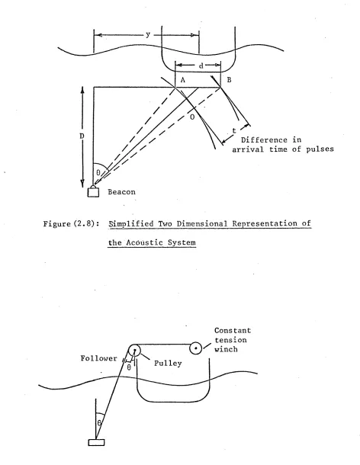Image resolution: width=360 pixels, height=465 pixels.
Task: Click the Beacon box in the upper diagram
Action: (93, 191)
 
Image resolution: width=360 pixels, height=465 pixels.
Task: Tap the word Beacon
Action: (122, 192)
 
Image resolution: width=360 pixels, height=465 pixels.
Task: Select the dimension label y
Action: (148, 35)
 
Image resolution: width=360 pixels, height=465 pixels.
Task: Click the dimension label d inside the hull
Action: (201, 66)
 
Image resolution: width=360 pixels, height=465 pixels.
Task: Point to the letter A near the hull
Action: (183, 80)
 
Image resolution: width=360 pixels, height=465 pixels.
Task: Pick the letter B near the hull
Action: (229, 79)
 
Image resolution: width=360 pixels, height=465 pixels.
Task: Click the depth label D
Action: (82, 136)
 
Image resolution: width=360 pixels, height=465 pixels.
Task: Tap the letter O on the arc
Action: (192, 117)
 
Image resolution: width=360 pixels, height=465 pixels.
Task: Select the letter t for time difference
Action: (234, 130)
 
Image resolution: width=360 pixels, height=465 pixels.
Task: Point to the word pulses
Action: (320, 149)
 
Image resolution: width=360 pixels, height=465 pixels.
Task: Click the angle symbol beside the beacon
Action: (98, 172)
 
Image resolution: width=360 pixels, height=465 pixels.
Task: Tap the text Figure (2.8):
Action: (72, 223)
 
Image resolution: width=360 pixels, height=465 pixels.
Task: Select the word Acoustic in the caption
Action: (145, 242)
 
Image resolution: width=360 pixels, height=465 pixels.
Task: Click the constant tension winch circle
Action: (195, 348)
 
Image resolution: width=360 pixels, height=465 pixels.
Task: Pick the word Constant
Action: (233, 330)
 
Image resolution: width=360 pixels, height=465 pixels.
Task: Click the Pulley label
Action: (168, 364)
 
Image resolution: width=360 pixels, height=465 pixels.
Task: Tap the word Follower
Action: (99, 358)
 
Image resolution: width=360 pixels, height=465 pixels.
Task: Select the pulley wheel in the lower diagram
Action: (134, 350)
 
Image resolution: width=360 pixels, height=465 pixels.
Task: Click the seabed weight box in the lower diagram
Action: (96, 442)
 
